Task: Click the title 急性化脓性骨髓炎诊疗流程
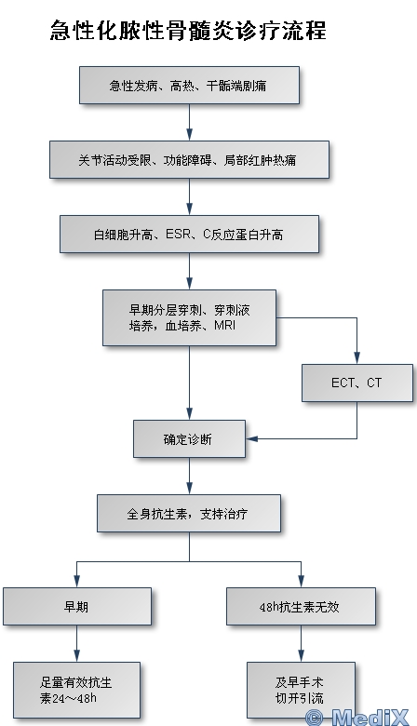coord(188,31)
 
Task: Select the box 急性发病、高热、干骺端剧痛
coord(189,86)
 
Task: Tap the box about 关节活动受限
coord(189,160)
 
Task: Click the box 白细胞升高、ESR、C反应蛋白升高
coord(189,235)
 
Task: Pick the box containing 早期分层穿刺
coord(189,318)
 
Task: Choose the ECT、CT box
coord(356,383)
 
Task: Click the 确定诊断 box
coord(189,439)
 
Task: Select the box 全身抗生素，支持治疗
coord(189,514)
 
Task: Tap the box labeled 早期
coord(77,607)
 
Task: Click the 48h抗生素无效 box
coord(301,607)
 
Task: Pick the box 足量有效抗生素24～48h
coord(76,690)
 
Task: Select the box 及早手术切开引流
coord(301,690)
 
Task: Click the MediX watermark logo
coord(358,718)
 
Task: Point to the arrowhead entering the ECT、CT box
coord(356,358)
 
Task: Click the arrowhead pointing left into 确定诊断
coord(252,438)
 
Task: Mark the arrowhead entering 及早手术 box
coord(301,656)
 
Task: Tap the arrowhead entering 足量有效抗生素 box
coord(77,656)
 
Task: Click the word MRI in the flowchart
coord(225,326)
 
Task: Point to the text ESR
coord(178,235)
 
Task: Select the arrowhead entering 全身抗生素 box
coord(189,489)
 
